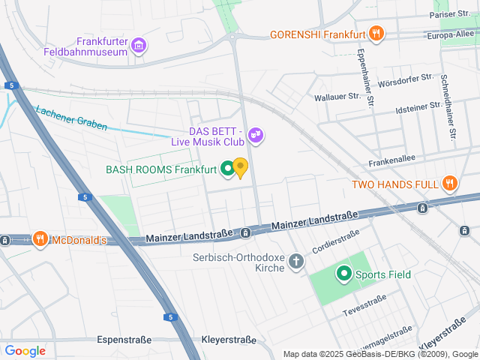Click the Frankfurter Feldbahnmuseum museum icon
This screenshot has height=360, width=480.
pos(139,46)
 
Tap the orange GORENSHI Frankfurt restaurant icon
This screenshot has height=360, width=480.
pos(376,34)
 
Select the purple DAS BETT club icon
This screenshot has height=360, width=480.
pos(256,135)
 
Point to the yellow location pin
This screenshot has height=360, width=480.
pos(240,166)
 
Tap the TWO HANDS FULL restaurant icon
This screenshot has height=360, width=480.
pos(449,183)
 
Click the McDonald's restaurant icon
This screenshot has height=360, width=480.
pos(40,240)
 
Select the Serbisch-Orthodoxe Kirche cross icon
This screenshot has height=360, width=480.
pos(297,262)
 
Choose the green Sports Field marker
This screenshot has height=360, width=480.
pos(344,274)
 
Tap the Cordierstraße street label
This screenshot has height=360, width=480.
pos(337,238)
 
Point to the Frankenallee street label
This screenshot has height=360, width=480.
pos(391,162)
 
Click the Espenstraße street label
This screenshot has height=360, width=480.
pos(124,340)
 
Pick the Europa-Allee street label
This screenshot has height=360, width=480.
pos(451,34)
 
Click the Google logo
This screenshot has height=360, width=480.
pos(25,351)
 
